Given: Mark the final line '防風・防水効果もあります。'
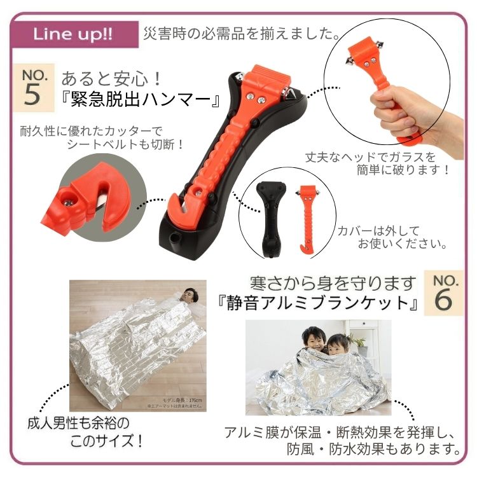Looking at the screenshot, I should tap(372, 450).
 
